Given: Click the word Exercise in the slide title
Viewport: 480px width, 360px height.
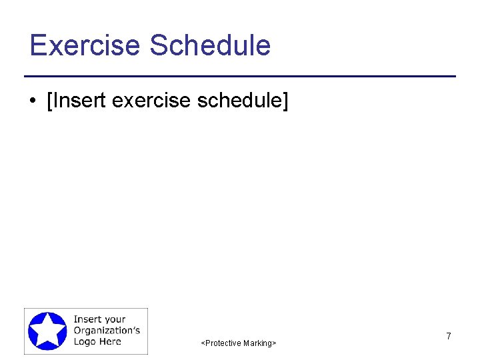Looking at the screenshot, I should pyautogui.click(x=85, y=45).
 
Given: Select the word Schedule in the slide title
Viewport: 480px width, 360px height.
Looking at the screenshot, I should pyautogui.click(x=210, y=45).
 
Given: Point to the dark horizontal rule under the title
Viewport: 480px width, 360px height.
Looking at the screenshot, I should pyautogui.click(x=240, y=77).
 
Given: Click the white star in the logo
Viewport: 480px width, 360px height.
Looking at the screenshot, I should pyautogui.click(x=47, y=331).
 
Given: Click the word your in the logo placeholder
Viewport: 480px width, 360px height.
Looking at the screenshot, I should pyautogui.click(x=114, y=320).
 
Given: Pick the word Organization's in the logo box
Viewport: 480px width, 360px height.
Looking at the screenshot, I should pyautogui.click(x=107, y=331).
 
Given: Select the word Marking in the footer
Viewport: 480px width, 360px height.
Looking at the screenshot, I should pyautogui.click(x=257, y=343).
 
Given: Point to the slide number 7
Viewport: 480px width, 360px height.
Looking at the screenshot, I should pyautogui.click(x=449, y=337).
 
